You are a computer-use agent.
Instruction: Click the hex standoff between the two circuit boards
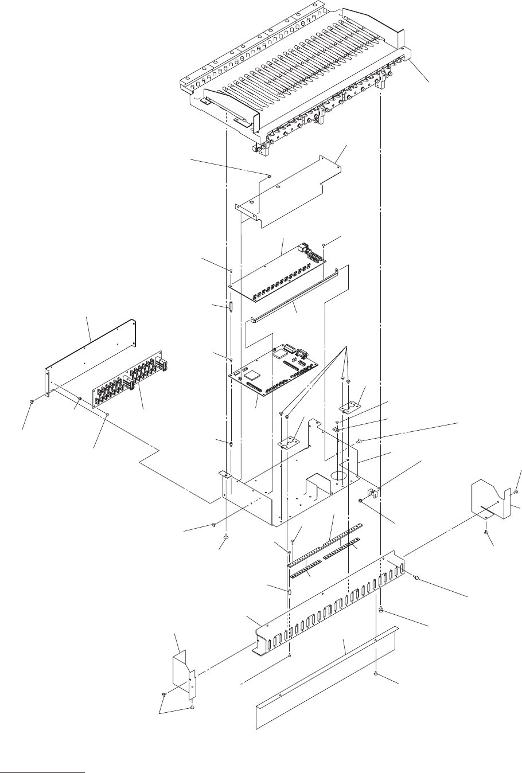pyautogui.click(x=231, y=306)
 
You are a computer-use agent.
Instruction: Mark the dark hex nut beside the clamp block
pyautogui.click(x=360, y=501)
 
